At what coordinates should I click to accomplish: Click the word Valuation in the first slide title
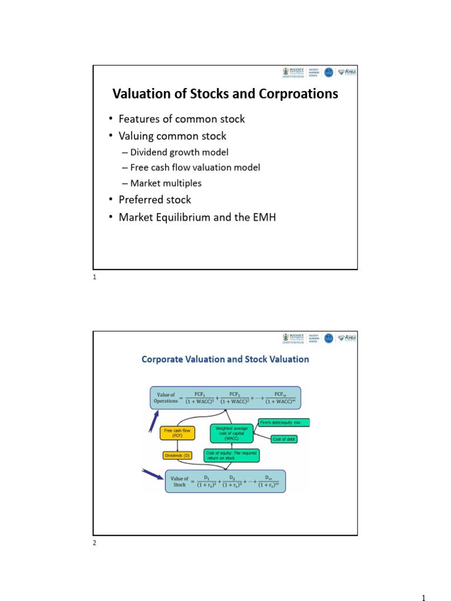[139, 94]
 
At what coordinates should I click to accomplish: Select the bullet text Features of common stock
[181, 119]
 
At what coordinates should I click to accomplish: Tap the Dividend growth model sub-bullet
[179, 153]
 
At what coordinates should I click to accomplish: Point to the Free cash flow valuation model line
[195, 167]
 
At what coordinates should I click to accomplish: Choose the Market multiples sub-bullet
[166, 183]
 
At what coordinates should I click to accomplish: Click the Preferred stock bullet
[154, 200]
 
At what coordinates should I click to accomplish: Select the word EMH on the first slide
[263, 218]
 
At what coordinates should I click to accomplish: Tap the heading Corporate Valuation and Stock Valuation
[225, 359]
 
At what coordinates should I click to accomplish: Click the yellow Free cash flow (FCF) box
[177, 434]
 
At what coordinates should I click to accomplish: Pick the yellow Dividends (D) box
[177, 455]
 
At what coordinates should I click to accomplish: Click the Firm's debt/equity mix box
[283, 423]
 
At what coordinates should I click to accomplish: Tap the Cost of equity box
[231, 455]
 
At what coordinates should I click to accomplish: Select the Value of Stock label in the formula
[179, 482]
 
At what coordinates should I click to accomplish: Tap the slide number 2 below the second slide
[95, 543]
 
